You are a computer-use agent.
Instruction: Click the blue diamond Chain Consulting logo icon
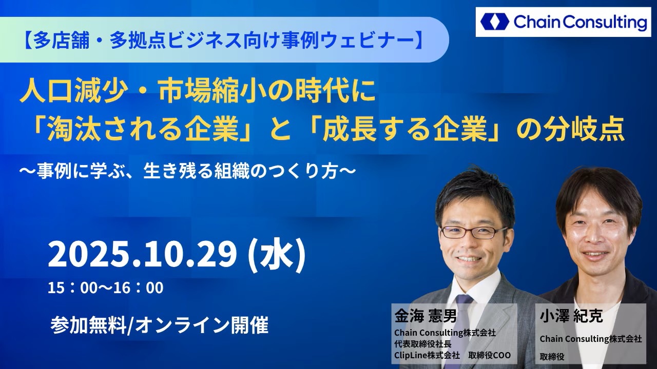click(x=495, y=22)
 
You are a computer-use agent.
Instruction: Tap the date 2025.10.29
click(x=142, y=255)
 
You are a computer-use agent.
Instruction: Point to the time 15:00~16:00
click(x=106, y=288)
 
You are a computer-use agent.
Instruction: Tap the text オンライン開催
click(x=202, y=325)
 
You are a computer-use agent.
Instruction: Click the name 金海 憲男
click(x=426, y=316)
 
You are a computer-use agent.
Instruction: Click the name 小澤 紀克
click(x=571, y=316)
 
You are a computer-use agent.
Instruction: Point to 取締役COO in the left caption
click(x=490, y=355)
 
